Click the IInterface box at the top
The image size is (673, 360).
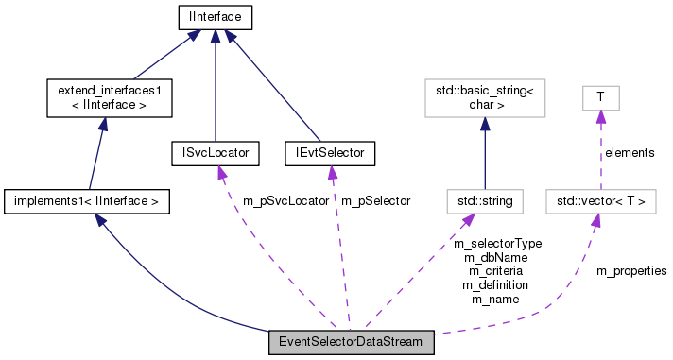tap(216, 16)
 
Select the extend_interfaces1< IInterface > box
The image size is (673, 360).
tap(110, 98)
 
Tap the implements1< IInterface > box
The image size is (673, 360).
tap(87, 200)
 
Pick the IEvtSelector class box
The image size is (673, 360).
tap(330, 152)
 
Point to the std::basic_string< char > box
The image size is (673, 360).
tap(485, 98)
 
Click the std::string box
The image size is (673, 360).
tap(485, 200)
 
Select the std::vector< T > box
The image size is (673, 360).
tap(601, 200)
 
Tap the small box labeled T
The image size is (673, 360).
tap(598, 98)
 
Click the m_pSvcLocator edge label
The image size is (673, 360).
tap(285, 201)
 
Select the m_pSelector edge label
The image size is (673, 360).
tap(375, 201)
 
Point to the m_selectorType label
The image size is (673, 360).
tap(497, 244)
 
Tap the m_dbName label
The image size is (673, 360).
tap(495, 257)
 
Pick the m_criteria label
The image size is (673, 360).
tap(495, 271)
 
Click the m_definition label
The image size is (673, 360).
tap(495, 284)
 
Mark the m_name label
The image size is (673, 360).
tap(495, 299)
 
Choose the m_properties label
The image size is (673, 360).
tap(631, 271)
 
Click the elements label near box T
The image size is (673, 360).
tap(630, 151)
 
